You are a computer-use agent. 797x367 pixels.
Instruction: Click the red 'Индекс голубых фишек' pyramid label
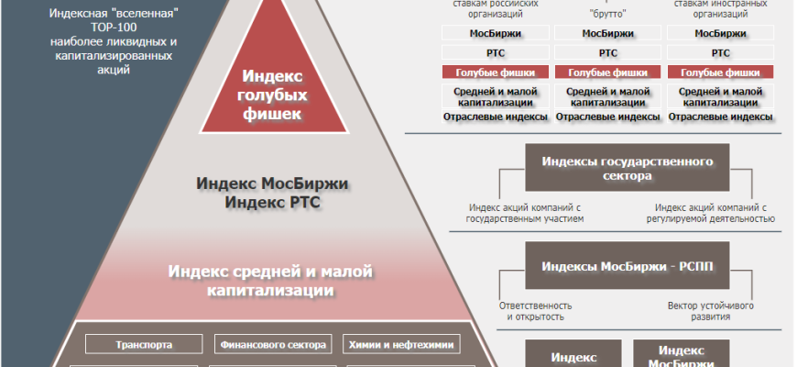272,94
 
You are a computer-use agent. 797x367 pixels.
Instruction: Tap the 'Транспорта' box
142,345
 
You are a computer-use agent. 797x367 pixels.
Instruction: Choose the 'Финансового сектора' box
272,345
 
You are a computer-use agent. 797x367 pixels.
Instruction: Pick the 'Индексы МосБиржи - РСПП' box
628,267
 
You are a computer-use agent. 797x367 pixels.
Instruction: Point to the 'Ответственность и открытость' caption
536,311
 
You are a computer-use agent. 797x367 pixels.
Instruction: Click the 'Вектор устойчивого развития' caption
711,311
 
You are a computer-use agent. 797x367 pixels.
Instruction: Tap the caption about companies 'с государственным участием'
525,213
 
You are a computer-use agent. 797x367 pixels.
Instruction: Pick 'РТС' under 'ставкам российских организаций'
496,53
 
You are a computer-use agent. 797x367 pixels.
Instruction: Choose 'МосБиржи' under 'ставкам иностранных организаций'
719,33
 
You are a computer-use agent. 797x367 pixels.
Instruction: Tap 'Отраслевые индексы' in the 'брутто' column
607,117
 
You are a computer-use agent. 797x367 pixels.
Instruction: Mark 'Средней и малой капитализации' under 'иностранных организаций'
719,97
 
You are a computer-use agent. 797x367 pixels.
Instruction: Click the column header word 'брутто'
607,14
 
